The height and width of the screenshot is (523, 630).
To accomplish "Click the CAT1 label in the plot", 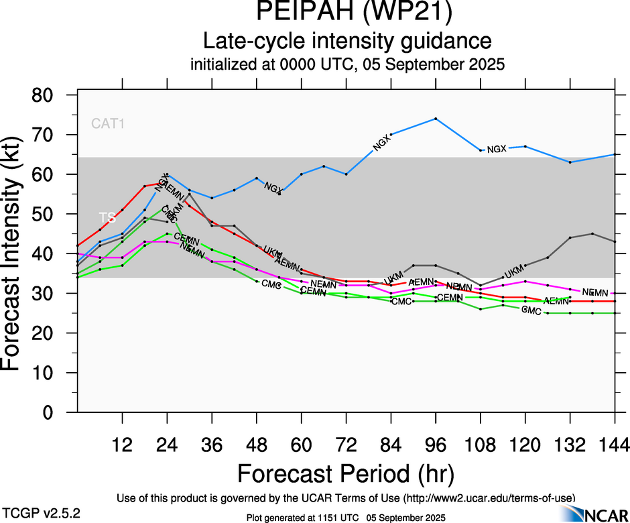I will point(109,123).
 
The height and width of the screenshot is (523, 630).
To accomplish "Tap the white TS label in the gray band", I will point(107,218).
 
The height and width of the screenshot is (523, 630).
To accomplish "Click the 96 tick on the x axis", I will point(436,444).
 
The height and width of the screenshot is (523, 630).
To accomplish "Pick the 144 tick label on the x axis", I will point(615,444).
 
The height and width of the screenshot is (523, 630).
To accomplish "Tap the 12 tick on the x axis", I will point(122,444).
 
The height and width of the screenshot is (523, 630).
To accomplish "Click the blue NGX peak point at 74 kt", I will point(436,119).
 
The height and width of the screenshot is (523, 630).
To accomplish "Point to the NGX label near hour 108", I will point(497,149).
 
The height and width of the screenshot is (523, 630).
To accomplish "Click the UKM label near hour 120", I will point(513,272).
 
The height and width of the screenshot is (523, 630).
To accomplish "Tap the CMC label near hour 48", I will point(271,285).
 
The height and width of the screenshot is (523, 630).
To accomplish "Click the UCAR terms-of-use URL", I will point(489,498).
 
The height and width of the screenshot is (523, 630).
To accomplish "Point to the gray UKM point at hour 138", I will point(592,233).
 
